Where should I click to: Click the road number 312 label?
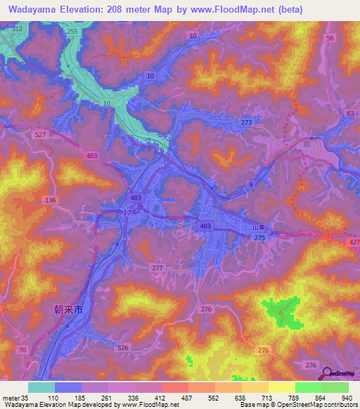[18, 28]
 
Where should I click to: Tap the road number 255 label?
[72, 32]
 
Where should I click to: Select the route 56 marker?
[330, 39]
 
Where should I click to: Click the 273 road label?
[246, 122]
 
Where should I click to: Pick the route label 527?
[39, 134]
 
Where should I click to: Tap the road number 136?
[50, 200]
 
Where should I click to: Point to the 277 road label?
[158, 268]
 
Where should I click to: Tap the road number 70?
[23, 349]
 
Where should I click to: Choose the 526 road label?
[123, 347]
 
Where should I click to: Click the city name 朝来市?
[69, 309]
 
